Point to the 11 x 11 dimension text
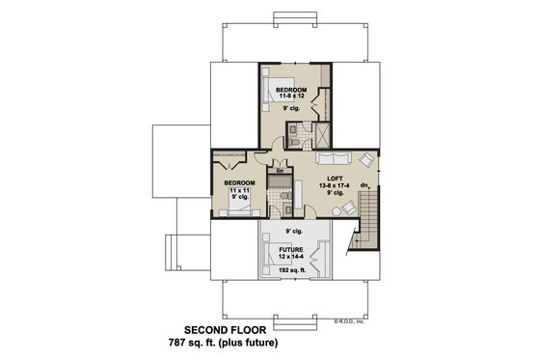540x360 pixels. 239,191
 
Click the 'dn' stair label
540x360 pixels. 364,184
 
